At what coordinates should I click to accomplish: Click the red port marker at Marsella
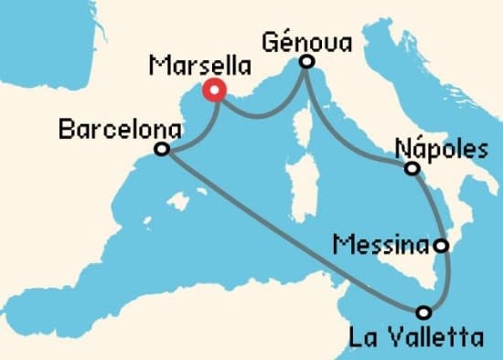pos(215,90)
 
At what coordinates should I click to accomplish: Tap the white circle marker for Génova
pos(307,62)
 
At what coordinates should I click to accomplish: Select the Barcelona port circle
pos(162,150)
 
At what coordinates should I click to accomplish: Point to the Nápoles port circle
pos(412,169)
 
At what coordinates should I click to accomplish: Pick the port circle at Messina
pos(442,246)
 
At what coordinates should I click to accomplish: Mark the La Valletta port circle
pos(425,312)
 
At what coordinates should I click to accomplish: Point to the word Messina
pos(381,245)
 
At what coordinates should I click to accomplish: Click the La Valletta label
pos(416,339)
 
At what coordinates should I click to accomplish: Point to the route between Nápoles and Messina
pos(437,206)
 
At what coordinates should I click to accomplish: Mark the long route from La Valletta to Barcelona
pos(293,232)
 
